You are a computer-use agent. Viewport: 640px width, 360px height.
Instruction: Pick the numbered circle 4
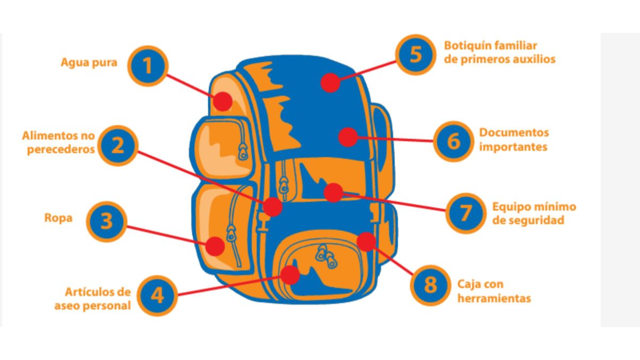coord(157,295)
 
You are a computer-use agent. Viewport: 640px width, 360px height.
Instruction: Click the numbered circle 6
coord(453,141)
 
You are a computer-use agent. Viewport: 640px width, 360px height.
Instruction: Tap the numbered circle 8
coord(430,285)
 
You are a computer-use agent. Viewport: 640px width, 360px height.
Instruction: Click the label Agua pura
coord(89,62)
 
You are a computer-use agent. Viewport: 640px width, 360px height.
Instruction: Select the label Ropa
coord(58,218)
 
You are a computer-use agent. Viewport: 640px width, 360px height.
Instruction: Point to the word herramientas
coord(494,298)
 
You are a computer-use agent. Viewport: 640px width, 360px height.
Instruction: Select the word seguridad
coord(528,220)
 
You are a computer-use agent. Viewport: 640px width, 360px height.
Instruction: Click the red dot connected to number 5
coord(331,83)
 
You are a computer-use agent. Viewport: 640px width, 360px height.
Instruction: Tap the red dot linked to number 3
coord(215,246)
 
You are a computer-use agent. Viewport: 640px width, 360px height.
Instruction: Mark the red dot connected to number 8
coord(366,242)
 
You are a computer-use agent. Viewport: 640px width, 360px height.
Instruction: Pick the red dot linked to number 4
coord(290,275)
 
